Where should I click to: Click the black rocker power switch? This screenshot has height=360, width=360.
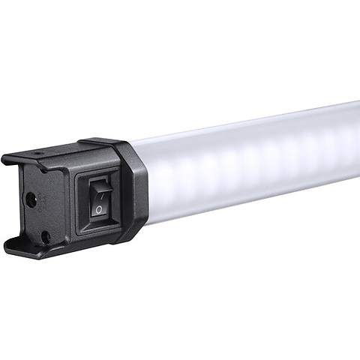(x=99, y=196)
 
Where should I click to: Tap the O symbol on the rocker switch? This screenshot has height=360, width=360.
(x=99, y=208)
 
